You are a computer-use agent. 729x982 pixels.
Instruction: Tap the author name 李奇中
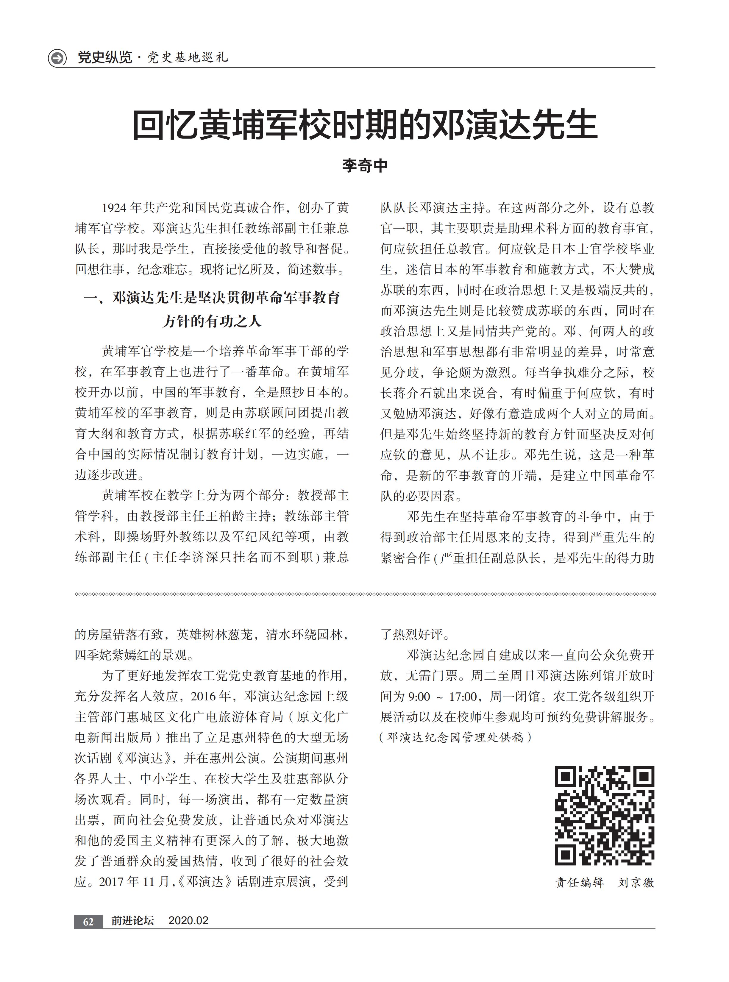364,166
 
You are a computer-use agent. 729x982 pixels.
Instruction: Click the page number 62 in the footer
88,922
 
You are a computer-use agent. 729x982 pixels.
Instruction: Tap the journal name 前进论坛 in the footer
132,921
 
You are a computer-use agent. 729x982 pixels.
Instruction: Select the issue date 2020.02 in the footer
188,921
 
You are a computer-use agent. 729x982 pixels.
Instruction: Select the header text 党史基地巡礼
188,57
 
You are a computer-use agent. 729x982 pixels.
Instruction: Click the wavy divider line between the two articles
364,594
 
